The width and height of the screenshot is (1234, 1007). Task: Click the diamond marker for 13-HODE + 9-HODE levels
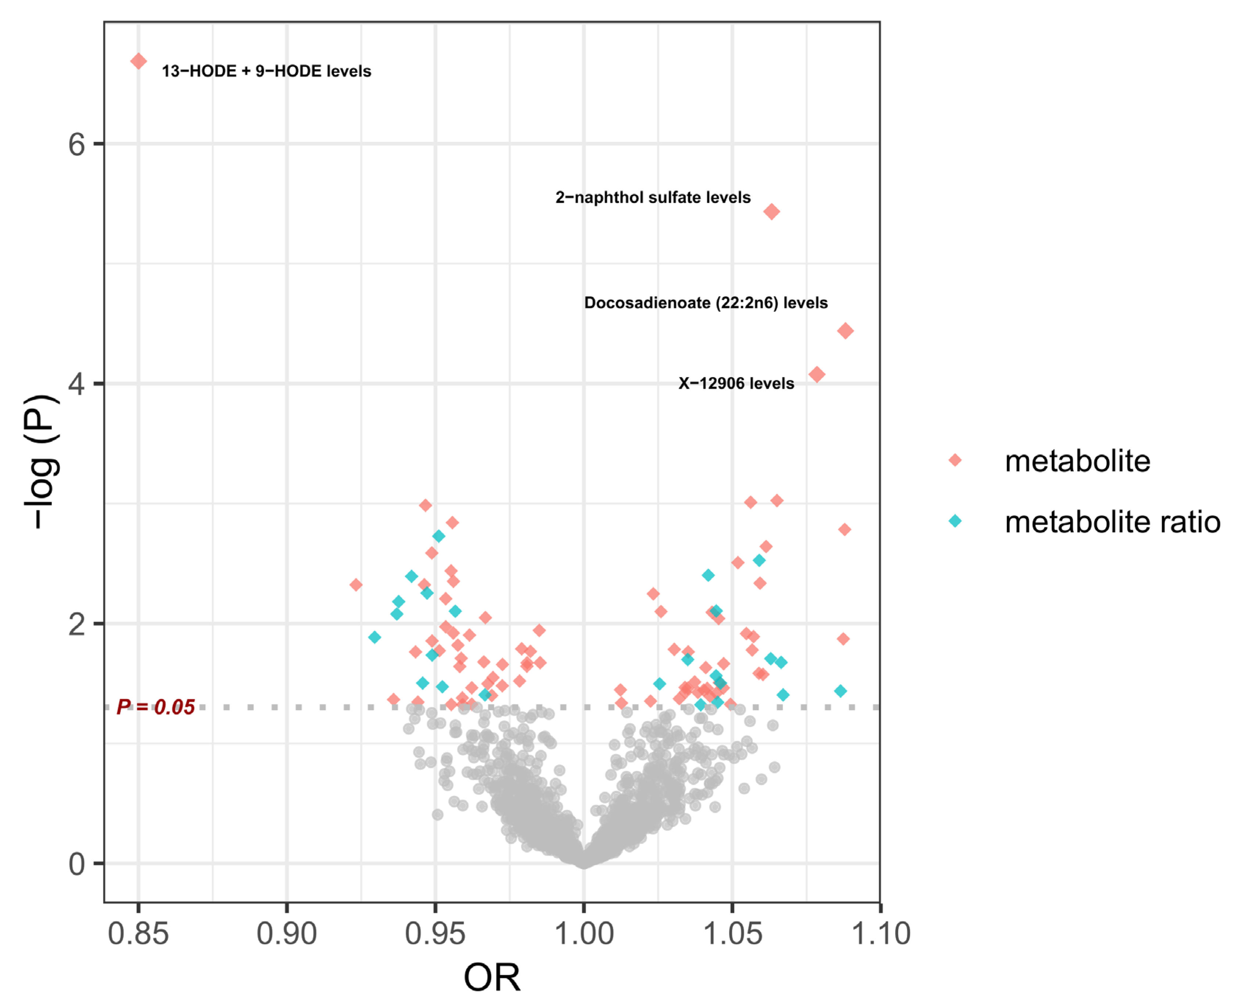(x=138, y=61)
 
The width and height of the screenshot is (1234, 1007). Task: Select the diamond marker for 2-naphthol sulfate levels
(x=771, y=212)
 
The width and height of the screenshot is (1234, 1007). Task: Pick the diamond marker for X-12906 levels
(x=817, y=375)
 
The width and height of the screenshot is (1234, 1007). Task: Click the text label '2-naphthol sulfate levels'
(x=653, y=198)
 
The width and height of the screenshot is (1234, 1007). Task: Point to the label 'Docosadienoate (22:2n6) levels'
(x=706, y=303)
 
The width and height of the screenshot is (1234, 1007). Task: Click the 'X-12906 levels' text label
(x=736, y=383)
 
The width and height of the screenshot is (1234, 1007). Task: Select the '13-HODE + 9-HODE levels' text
(x=266, y=71)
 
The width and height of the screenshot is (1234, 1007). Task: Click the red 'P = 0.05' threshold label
(x=155, y=707)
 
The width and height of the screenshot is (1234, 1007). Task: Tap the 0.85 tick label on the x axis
(x=138, y=934)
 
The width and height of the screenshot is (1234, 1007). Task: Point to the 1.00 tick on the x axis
(x=584, y=934)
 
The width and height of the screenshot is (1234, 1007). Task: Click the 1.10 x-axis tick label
(x=880, y=934)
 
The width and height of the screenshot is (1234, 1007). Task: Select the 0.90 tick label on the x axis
(x=287, y=934)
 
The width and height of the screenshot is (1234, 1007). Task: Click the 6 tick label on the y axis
(x=76, y=144)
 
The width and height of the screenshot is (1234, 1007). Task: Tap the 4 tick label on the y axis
(x=76, y=384)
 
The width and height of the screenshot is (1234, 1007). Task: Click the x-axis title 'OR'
(x=492, y=978)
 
